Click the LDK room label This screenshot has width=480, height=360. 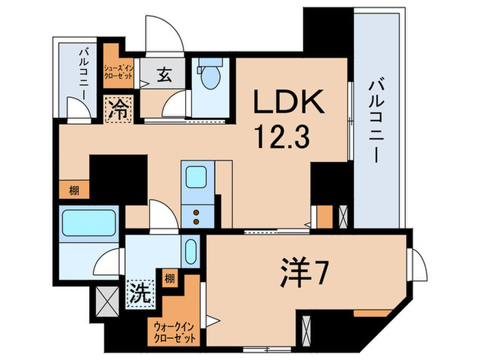pyautogui.click(x=289, y=102)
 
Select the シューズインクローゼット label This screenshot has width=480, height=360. pyautogui.click(x=119, y=70)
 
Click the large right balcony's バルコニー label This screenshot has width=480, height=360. pyautogui.click(x=375, y=119)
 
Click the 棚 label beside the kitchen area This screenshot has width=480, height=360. pyautogui.click(x=73, y=191)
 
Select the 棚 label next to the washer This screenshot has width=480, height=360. pyautogui.click(x=169, y=279)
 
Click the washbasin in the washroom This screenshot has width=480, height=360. pyautogui.click(x=191, y=252)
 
